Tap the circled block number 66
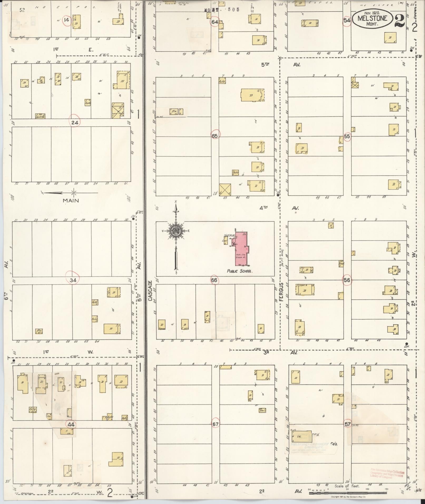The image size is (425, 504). [x=214, y=280]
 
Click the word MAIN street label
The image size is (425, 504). [x=71, y=200]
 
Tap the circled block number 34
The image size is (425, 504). [x=73, y=280]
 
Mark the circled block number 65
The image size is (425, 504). [x=215, y=136]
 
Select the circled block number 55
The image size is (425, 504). [x=347, y=136]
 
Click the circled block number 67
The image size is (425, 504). [x=215, y=424]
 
